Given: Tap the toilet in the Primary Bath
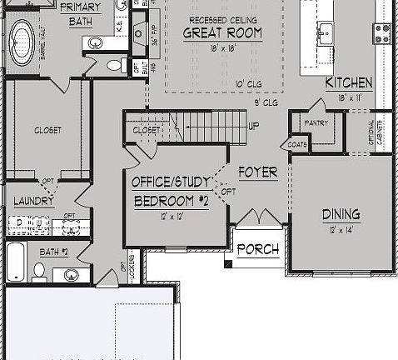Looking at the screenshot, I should click(x=116, y=65).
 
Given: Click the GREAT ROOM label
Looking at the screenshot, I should click(x=222, y=33).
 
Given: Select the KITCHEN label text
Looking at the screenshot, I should click(x=348, y=83).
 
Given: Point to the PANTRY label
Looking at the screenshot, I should click(x=316, y=123).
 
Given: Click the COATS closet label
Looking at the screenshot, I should click(x=298, y=143).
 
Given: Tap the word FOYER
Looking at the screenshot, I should click(x=257, y=172).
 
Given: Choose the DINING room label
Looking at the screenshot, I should click(x=341, y=214).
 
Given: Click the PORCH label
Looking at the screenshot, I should click(x=257, y=249).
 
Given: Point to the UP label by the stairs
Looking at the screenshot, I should click(x=253, y=126).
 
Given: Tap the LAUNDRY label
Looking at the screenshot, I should click(x=33, y=201).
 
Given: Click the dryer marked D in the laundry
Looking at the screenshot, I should click(x=19, y=222).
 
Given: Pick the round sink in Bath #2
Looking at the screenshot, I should click(x=70, y=274).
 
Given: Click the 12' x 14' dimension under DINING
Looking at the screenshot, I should click(x=341, y=229).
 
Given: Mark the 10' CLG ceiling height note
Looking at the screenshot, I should click(x=248, y=85).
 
